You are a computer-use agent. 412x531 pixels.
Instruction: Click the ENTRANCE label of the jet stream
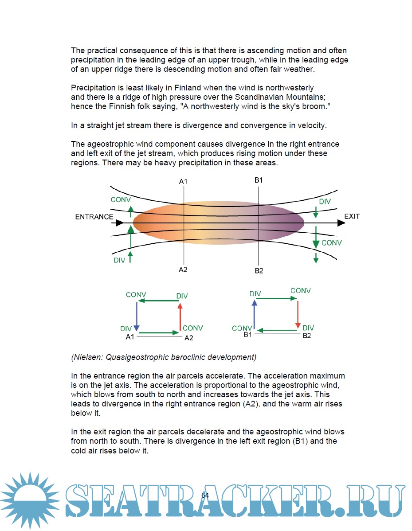tap(94, 217)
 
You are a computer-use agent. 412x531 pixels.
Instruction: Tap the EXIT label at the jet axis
tap(352, 216)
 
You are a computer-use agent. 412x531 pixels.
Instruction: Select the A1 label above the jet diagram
tap(183, 181)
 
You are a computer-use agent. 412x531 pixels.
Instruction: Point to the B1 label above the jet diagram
tap(259, 180)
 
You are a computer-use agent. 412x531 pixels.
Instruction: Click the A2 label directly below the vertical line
tap(183, 269)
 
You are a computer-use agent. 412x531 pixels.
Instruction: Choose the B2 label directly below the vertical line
tap(259, 270)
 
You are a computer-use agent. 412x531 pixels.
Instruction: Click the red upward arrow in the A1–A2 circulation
tap(180, 316)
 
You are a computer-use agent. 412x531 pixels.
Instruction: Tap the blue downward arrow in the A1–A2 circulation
tap(137, 316)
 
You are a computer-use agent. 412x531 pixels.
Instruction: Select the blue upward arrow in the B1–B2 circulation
tap(254, 314)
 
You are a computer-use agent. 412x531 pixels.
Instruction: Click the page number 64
tap(205, 495)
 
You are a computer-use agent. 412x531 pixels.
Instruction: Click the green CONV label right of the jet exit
tap(332, 243)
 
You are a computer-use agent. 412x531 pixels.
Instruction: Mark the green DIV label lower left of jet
tap(119, 260)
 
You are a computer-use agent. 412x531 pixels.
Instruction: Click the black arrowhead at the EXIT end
tap(341, 223)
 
